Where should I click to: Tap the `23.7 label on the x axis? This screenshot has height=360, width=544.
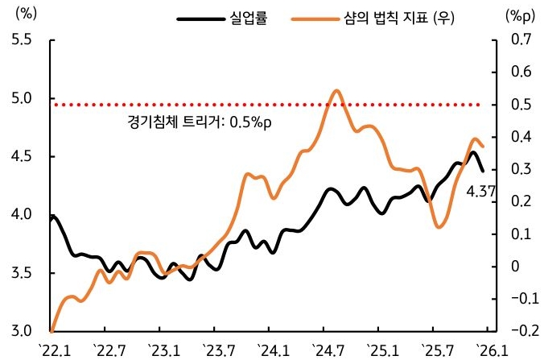point(216,350)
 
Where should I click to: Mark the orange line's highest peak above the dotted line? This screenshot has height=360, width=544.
point(336,90)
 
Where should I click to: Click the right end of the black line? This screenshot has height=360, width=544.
point(483,171)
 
